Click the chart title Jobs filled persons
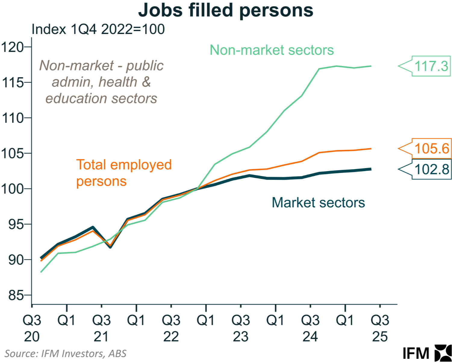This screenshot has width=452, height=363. point(226,10)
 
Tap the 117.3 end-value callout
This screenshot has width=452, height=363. point(431,66)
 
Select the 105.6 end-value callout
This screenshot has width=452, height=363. point(432,149)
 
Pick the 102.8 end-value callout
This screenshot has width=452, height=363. point(432,169)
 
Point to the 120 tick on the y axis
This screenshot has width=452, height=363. point(12,47)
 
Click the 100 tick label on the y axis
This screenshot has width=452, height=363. point(12,189)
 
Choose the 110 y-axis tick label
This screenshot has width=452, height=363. point(12,118)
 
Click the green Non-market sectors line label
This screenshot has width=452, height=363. point(272,50)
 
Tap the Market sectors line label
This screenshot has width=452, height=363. point(318,202)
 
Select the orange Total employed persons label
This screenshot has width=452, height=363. point(123,173)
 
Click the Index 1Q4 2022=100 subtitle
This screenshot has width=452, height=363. point(98,30)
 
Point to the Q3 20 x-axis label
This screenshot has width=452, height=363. point(32,328)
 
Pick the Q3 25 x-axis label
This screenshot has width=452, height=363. point(380,328)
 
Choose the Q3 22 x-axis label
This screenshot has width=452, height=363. point(171,328)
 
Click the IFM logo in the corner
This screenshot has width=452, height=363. point(427,353)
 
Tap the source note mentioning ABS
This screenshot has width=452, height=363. point(65,353)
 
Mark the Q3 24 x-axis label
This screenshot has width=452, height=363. point(310,328)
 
